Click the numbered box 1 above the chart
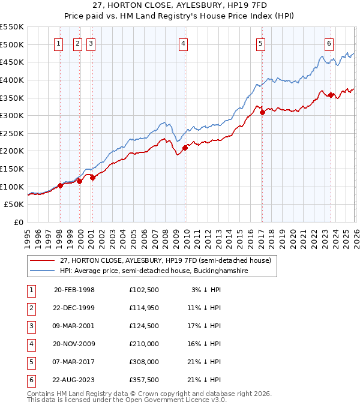coord(59,43)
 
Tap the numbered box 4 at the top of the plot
coord(183,43)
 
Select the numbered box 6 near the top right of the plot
coord(329,43)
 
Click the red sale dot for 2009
coord(185,148)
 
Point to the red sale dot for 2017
coord(262,112)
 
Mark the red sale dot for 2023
coord(331,95)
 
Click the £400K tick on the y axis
coord(12,80)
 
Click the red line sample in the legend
coord(42,260)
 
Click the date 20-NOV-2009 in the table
coord(74,344)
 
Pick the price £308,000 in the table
coord(144,362)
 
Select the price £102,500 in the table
coord(144,290)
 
